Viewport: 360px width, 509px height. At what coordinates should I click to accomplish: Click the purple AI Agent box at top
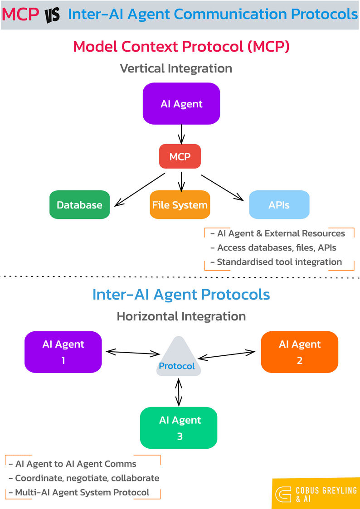click(181, 103)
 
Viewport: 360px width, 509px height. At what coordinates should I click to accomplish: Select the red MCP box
click(180, 157)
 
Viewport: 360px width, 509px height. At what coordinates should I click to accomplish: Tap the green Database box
click(79, 205)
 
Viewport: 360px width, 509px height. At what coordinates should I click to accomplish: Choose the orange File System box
click(180, 205)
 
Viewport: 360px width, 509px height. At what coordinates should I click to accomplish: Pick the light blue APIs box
click(279, 205)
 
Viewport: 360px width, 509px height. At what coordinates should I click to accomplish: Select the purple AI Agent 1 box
click(63, 352)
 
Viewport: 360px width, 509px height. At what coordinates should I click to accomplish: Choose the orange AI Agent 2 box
click(299, 352)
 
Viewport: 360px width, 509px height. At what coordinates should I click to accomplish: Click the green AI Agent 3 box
click(179, 428)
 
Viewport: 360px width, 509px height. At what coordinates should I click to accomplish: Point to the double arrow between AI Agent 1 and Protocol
click(132, 352)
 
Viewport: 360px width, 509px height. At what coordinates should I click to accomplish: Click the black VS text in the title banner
click(53, 15)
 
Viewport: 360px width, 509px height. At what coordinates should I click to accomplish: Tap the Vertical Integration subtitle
click(176, 68)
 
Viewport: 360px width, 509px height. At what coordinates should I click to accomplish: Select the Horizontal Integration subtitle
click(181, 316)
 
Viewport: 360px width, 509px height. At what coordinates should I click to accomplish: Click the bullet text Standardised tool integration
click(279, 262)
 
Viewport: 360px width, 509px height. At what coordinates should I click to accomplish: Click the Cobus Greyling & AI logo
click(316, 493)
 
